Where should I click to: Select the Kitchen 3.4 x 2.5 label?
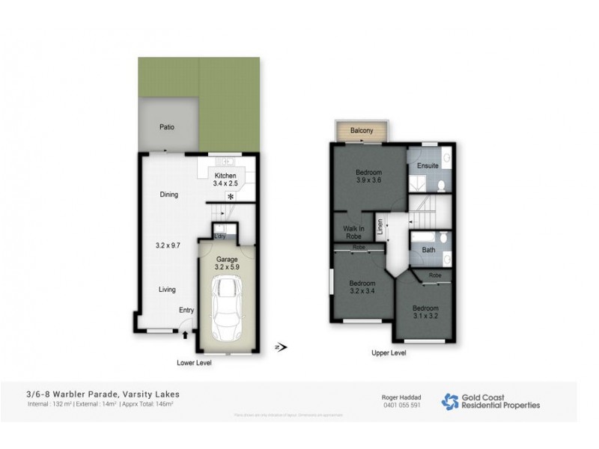point(225,179)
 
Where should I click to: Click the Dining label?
point(168,195)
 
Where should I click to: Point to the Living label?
point(166,289)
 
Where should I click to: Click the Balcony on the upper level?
point(362,131)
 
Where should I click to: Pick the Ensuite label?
point(427,166)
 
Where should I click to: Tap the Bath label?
point(428,250)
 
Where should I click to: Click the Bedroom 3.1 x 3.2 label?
point(426,311)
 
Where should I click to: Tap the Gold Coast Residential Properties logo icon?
point(450,401)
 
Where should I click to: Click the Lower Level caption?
point(193,363)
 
